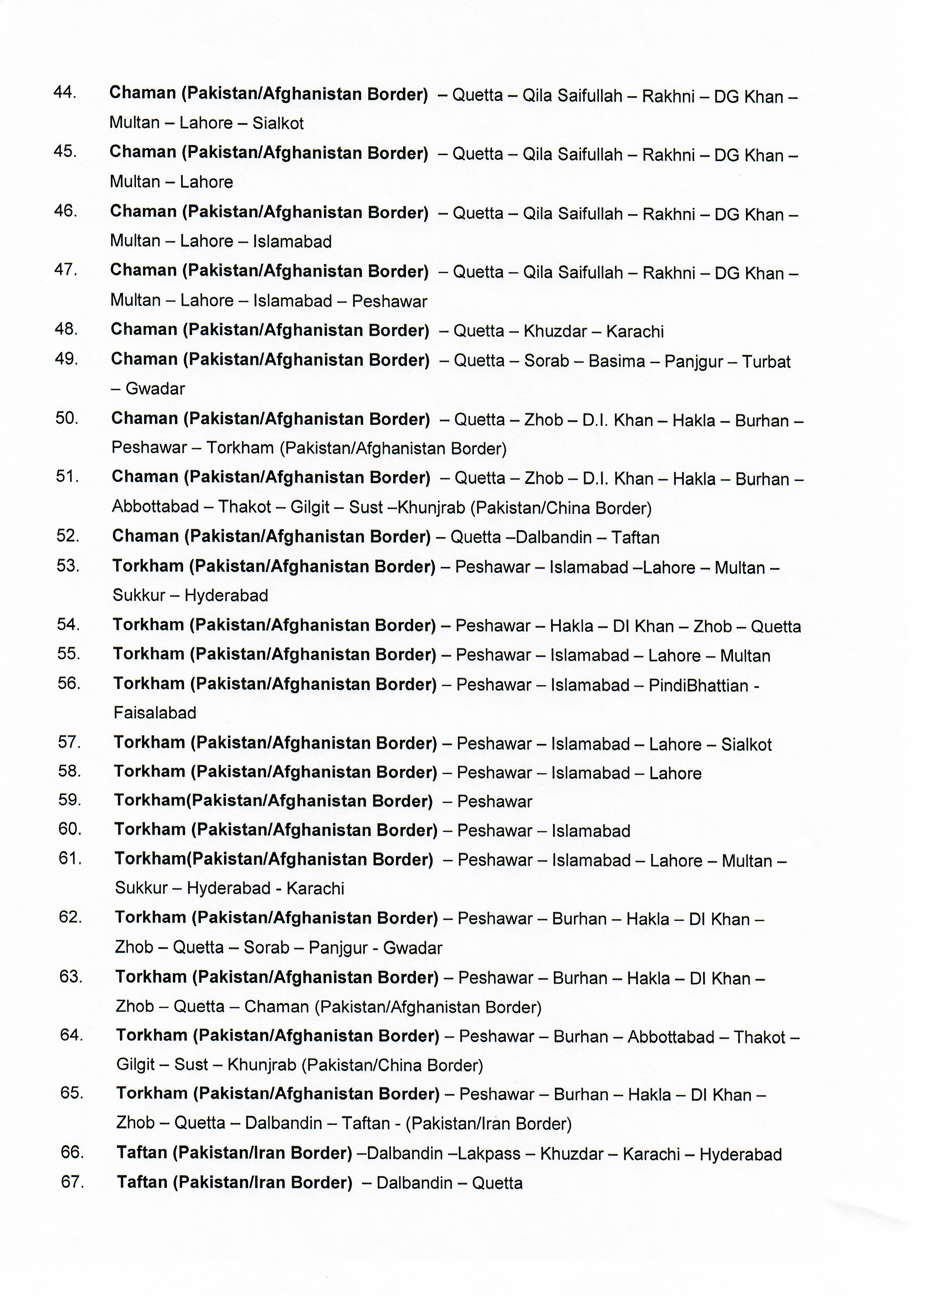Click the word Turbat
click(766, 362)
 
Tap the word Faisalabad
click(155, 713)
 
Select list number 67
click(72, 1182)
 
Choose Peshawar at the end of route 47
click(389, 301)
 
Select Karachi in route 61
click(315, 889)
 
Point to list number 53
click(68, 566)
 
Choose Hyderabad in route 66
click(740, 1154)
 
